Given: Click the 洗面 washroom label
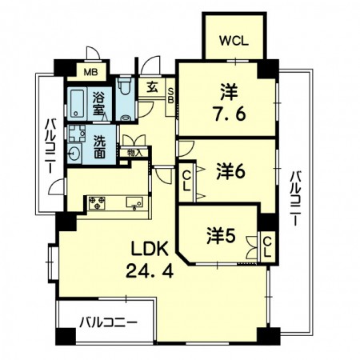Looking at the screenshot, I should point(100,146).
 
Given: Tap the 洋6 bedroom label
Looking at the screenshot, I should point(228,170).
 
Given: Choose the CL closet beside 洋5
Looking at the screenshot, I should point(267,246).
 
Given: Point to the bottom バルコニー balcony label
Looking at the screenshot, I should point(108,325).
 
